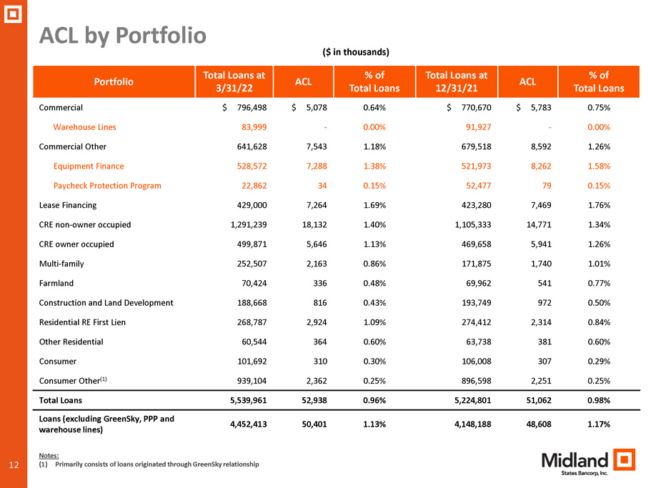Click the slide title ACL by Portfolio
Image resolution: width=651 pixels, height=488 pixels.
(122, 36)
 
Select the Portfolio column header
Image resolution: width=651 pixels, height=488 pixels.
(114, 81)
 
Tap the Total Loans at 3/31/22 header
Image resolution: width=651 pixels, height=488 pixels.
(234, 81)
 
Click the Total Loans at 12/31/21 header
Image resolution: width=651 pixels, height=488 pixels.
(457, 81)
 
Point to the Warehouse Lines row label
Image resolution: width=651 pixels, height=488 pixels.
(85, 127)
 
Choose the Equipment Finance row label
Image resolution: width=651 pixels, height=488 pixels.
(89, 166)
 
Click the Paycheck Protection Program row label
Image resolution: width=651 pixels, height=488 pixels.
(107, 186)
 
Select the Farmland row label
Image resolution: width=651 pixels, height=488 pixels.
(56, 283)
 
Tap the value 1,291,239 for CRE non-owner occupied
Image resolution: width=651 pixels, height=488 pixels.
(249, 225)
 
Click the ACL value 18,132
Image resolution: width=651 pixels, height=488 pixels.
(314, 225)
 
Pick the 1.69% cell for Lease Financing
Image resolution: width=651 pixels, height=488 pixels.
(374, 205)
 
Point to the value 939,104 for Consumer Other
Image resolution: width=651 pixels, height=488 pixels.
(252, 381)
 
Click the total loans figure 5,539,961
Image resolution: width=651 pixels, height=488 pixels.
(248, 400)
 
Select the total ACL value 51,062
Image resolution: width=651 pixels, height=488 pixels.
(539, 400)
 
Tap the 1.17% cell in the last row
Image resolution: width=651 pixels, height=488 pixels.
(599, 424)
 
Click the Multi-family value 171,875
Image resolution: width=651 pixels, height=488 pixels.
(476, 264)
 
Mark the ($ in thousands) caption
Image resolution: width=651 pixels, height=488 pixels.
(356, 52)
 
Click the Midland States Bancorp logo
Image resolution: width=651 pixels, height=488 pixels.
(588, 462)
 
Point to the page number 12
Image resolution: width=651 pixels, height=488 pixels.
(14, 464)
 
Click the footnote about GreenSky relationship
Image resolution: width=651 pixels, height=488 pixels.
(149, 464)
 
